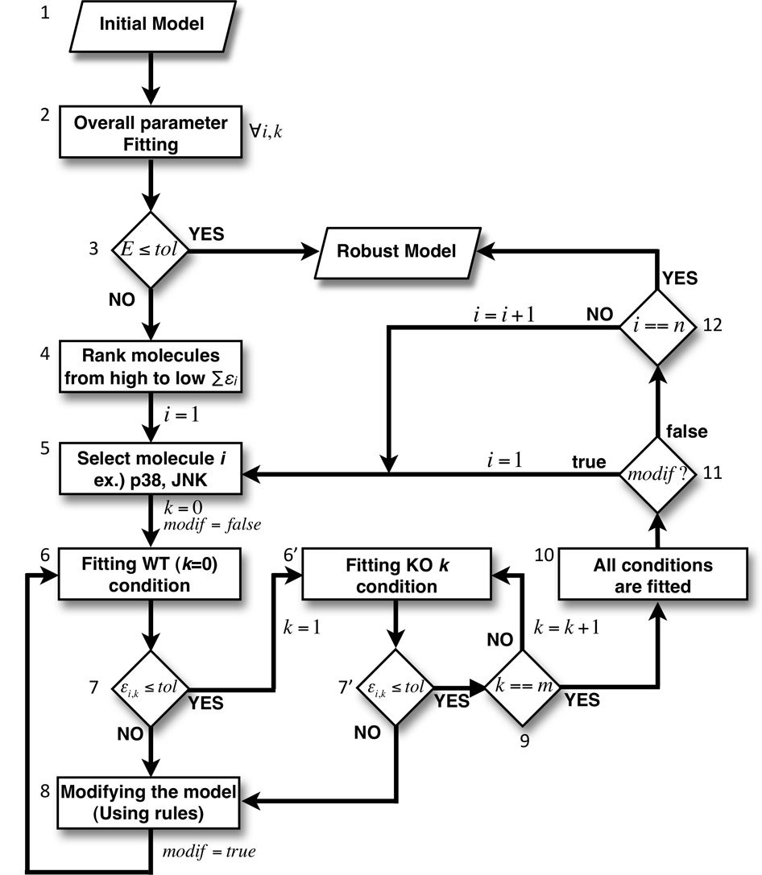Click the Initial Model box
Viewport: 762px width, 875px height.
click(151, 25)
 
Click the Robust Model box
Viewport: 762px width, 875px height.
click(396, 251)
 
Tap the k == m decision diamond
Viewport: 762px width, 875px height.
click(525, 687)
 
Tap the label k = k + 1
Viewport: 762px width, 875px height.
click(565, 625)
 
